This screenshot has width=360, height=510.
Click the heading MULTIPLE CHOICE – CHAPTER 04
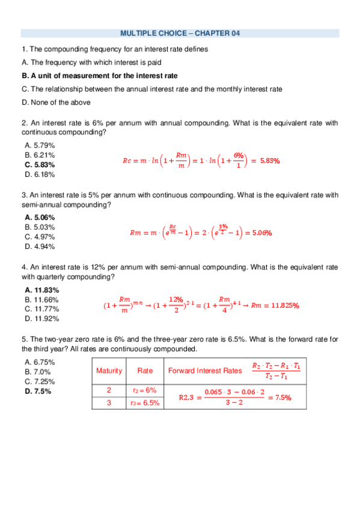(180, 34)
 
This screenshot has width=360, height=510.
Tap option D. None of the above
(56, 102)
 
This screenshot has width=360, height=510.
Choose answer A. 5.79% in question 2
(40, 145)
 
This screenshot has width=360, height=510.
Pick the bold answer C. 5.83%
(40, 164)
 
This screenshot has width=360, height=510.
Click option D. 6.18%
(40, 174)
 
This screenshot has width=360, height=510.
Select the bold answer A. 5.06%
(40, 217)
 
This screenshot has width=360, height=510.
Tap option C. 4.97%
(40, 236)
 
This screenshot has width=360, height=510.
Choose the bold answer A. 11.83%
(42, 290)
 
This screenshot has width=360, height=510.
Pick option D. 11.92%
(42, 319)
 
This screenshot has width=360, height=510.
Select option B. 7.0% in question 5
(38, 372)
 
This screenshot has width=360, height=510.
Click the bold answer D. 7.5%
(38, 391)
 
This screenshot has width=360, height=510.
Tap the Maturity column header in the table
(109, 370)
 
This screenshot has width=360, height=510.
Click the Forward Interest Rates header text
(205, 370)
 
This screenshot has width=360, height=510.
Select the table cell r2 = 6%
(144, 390)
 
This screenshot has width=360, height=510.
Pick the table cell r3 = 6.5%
(145, 403)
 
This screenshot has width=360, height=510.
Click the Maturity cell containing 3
(109, 403)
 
